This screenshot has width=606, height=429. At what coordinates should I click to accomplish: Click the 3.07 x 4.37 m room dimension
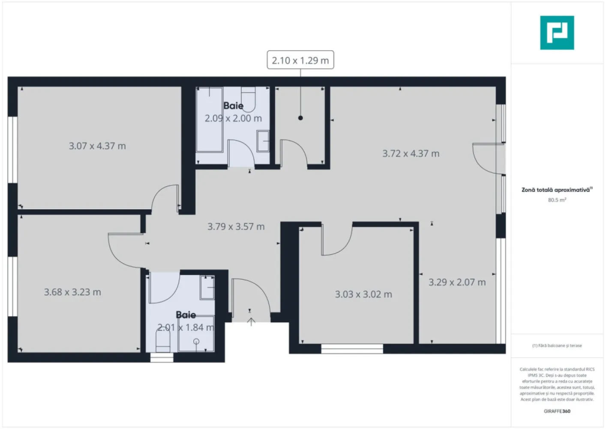[x=97, y=146]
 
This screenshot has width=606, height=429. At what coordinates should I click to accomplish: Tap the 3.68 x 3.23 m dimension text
[x=72, y=292]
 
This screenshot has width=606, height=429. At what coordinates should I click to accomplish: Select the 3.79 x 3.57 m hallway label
[x=236, y=227]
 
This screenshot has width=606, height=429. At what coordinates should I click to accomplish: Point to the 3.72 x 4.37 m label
[x=411, y=154]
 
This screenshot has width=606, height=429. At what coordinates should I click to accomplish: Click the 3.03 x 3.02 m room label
[x=363, y=294]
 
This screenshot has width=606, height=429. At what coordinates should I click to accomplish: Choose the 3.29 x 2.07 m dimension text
[x=457, y=282]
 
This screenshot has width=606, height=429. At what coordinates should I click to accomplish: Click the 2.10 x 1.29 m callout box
[x=300, y=60]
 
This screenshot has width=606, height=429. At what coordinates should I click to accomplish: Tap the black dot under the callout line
[x=300, y=118]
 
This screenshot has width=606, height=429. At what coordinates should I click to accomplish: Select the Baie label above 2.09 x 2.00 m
[x=233, y=106]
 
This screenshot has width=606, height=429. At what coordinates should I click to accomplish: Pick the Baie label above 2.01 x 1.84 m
[x=186, y=315]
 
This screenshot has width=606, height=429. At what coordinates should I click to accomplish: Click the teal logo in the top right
[x=557, y=33]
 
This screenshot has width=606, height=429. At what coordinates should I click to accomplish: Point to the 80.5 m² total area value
[x=557, y=200]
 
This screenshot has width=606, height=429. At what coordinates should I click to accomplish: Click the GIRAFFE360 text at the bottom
[x=557, y=411]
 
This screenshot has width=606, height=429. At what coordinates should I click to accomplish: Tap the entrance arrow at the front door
[x=251, y=321]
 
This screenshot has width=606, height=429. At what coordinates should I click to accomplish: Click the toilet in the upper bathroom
[x=248, y=98]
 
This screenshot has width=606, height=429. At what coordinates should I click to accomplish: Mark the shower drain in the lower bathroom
[x=196, y=342]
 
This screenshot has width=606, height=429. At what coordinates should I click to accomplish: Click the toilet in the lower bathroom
[x=162, y=342]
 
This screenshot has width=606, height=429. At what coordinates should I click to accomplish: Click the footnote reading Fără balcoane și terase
[x=557, y=345]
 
